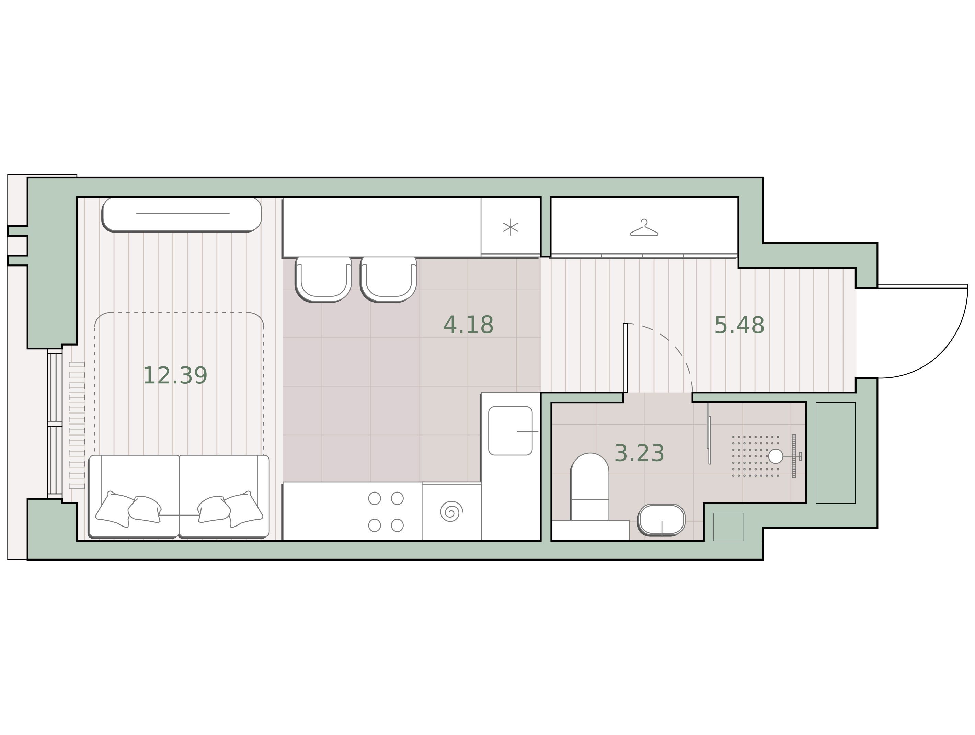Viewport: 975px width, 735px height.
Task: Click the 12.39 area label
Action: (175, 376)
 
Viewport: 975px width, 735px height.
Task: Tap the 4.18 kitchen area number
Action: (468, 325)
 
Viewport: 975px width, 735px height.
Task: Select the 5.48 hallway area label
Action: (739, 325)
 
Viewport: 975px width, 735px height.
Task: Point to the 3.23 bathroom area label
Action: (639, 453)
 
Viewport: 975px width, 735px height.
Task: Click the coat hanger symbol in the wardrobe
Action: (644, 227)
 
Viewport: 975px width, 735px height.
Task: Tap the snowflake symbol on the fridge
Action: (511, 227)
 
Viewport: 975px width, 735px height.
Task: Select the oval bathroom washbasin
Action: (661, 520)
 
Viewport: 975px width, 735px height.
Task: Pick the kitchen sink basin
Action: (511, 431)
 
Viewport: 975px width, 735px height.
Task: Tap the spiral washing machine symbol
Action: (451, 511)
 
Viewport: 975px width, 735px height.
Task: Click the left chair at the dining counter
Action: (323, 280)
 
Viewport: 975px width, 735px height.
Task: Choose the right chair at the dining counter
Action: (388, 280)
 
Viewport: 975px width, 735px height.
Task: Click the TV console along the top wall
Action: (182, 214)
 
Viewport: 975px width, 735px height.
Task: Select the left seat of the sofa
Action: (134, 496)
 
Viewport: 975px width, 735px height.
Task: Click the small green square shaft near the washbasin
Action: (728, 527)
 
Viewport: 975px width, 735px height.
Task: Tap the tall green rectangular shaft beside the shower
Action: (836, 453)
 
